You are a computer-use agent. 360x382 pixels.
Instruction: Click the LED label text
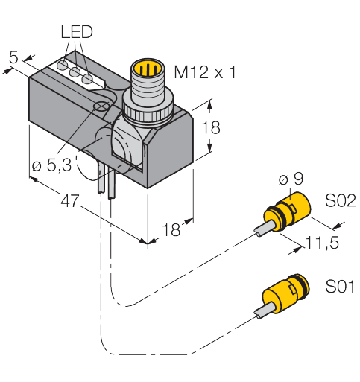pos(75,33)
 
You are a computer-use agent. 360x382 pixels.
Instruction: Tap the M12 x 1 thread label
pos(205,73)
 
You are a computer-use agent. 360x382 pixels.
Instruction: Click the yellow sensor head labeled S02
pos(288,211)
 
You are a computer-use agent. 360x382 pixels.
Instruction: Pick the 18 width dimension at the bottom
pos(171,230)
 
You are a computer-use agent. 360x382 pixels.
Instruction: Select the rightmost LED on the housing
pos(88,78)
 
